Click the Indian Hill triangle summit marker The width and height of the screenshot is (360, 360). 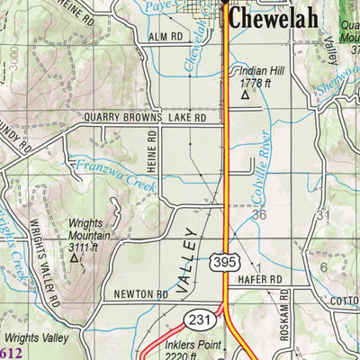[x=245, y=94]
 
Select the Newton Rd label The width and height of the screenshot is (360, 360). [x=141, y=294]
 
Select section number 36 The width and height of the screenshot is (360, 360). [x=260, y=215]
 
